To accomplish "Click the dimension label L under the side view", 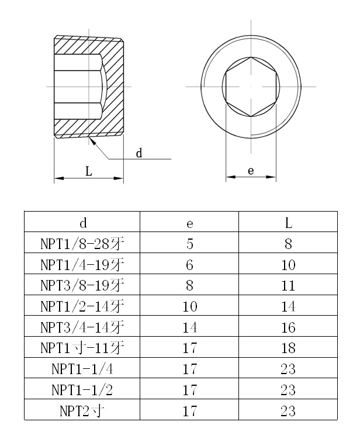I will pos(88,171).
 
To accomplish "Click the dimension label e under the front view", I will pos(251,171).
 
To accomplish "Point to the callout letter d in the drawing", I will pos(139,153).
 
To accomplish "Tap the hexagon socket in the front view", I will pos(250,87).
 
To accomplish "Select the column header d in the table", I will pos(83,223).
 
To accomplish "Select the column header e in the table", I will pos(189,223).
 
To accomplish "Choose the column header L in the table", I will pos(288,223).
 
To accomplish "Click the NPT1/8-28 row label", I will pos(83,244).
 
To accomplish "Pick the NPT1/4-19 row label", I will pos(83,265).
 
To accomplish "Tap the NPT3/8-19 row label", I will pos(83,286).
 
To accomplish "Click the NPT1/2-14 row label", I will pos(83,306).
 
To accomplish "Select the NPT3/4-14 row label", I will pos(83,327).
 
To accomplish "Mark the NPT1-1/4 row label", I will pos(83,369).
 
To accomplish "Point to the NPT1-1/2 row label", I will pos(83,390).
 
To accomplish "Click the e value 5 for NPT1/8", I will pos(189,244).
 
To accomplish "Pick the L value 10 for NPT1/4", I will pos(288,265).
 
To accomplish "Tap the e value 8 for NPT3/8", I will pos(189,286).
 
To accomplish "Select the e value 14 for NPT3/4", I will pos(189,327).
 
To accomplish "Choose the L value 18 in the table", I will pos(288,348).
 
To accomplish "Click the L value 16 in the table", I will pos(288,327).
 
